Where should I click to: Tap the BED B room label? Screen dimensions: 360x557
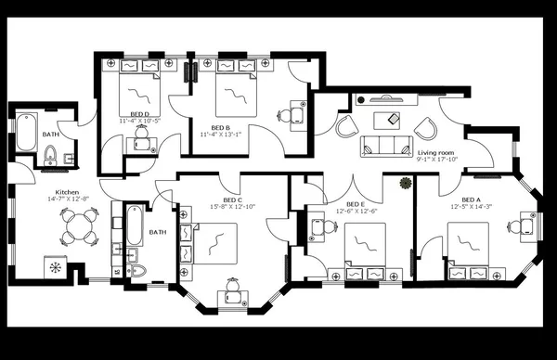(220, 127)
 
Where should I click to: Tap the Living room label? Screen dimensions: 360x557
(435, 152)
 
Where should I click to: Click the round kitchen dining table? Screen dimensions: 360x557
(78, 225)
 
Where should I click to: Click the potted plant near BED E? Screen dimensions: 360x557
(404, 184)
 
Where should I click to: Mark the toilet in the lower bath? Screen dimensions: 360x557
(137, 270)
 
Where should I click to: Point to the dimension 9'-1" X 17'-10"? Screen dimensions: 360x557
(437, 159)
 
